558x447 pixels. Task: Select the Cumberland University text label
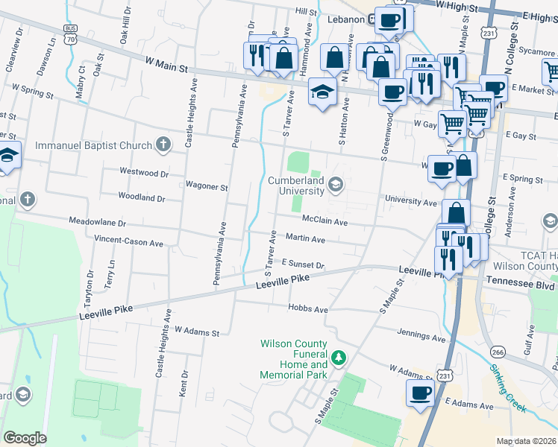click(296, 186)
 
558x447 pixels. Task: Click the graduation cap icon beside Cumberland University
click(336, 183)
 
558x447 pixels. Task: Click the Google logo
click(25, 438)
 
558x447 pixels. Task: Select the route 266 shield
click(498, 351)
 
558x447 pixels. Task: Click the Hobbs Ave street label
click(309, 308)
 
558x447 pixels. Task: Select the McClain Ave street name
click(325, 221)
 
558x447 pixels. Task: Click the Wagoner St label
click(207, 187)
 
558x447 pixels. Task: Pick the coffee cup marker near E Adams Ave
click(420, 392)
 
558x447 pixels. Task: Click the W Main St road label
click(166, 67)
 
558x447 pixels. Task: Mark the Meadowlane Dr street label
click(97, 222)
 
